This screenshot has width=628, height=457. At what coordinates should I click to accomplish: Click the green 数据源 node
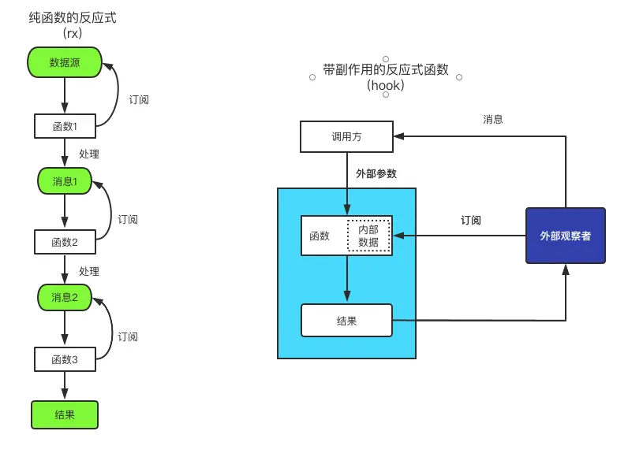point(65,63)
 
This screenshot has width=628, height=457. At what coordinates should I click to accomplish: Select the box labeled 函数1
point(65,125)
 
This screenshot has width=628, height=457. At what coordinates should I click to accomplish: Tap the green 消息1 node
point(65,181)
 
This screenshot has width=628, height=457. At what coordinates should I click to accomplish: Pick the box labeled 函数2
point(65,242)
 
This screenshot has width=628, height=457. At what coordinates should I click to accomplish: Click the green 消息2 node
point(65,297)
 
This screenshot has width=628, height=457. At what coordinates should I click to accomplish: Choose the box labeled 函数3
point(65,359)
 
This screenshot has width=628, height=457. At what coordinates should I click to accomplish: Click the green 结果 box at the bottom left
point(65,414)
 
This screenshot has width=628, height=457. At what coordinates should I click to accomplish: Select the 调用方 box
point(346,136)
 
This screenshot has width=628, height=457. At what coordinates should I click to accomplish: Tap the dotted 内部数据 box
point(368,236)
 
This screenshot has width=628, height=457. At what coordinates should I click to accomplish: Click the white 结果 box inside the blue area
point(346,321)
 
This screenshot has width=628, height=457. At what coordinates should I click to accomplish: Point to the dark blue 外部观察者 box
point(565,236)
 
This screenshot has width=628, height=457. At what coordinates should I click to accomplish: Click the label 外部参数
point(376,173)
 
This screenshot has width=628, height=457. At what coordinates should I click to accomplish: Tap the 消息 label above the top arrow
point(493,120)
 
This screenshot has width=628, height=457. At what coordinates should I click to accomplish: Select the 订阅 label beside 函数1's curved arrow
point(139,100)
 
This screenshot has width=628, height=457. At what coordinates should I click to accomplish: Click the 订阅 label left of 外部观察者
point(471,221)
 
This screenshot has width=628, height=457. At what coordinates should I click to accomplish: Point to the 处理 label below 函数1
point(89,154)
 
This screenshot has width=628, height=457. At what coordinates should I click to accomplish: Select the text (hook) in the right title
point(386,85)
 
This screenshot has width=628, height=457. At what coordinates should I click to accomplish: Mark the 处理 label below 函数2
point(89,271)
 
